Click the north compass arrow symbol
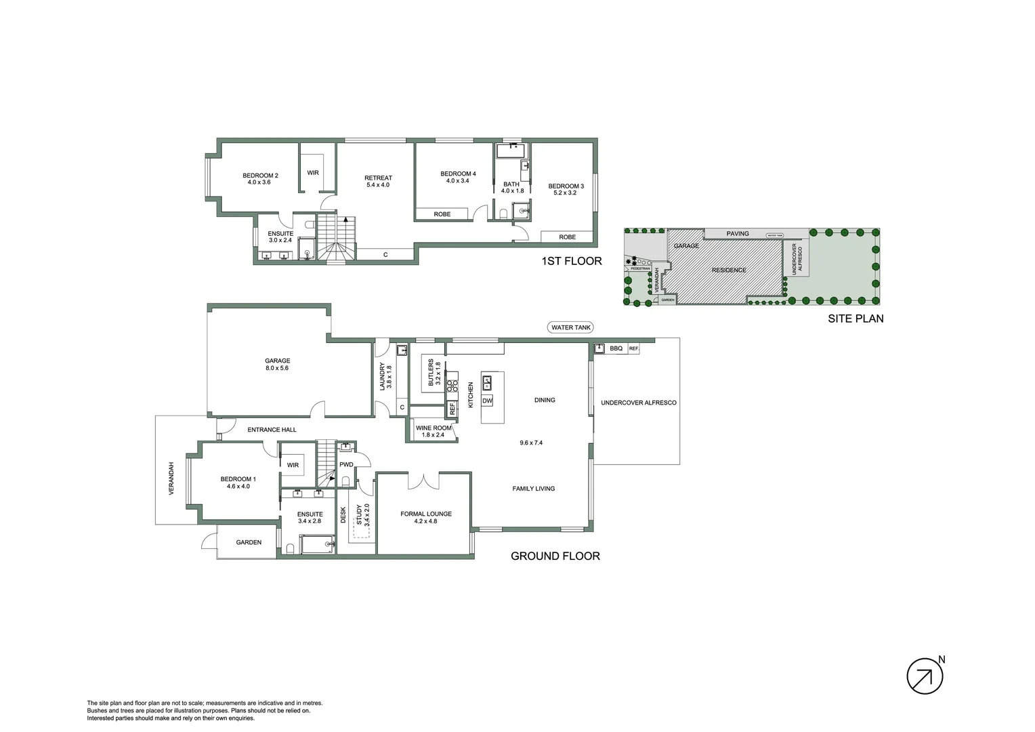point(925,676)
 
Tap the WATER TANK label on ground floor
point(571,327)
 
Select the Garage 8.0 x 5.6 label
point(277,365)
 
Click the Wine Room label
point(433,431)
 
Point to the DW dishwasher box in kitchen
point(487,401)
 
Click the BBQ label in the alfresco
point(616,348)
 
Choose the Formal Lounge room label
point(425,517)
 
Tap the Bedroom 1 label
point(238,483)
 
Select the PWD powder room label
point(346,464)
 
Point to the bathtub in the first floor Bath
point(511,150)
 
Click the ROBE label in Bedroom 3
point(568,237)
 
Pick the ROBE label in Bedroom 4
point(442,214)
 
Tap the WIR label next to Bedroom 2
point(313,173)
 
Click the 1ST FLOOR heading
point(571,261)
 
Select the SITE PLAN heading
point(856,318)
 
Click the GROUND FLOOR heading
point(555,556)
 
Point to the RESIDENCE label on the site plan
point(729,270)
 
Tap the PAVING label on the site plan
point(738,234)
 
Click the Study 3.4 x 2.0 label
point(363,515)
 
